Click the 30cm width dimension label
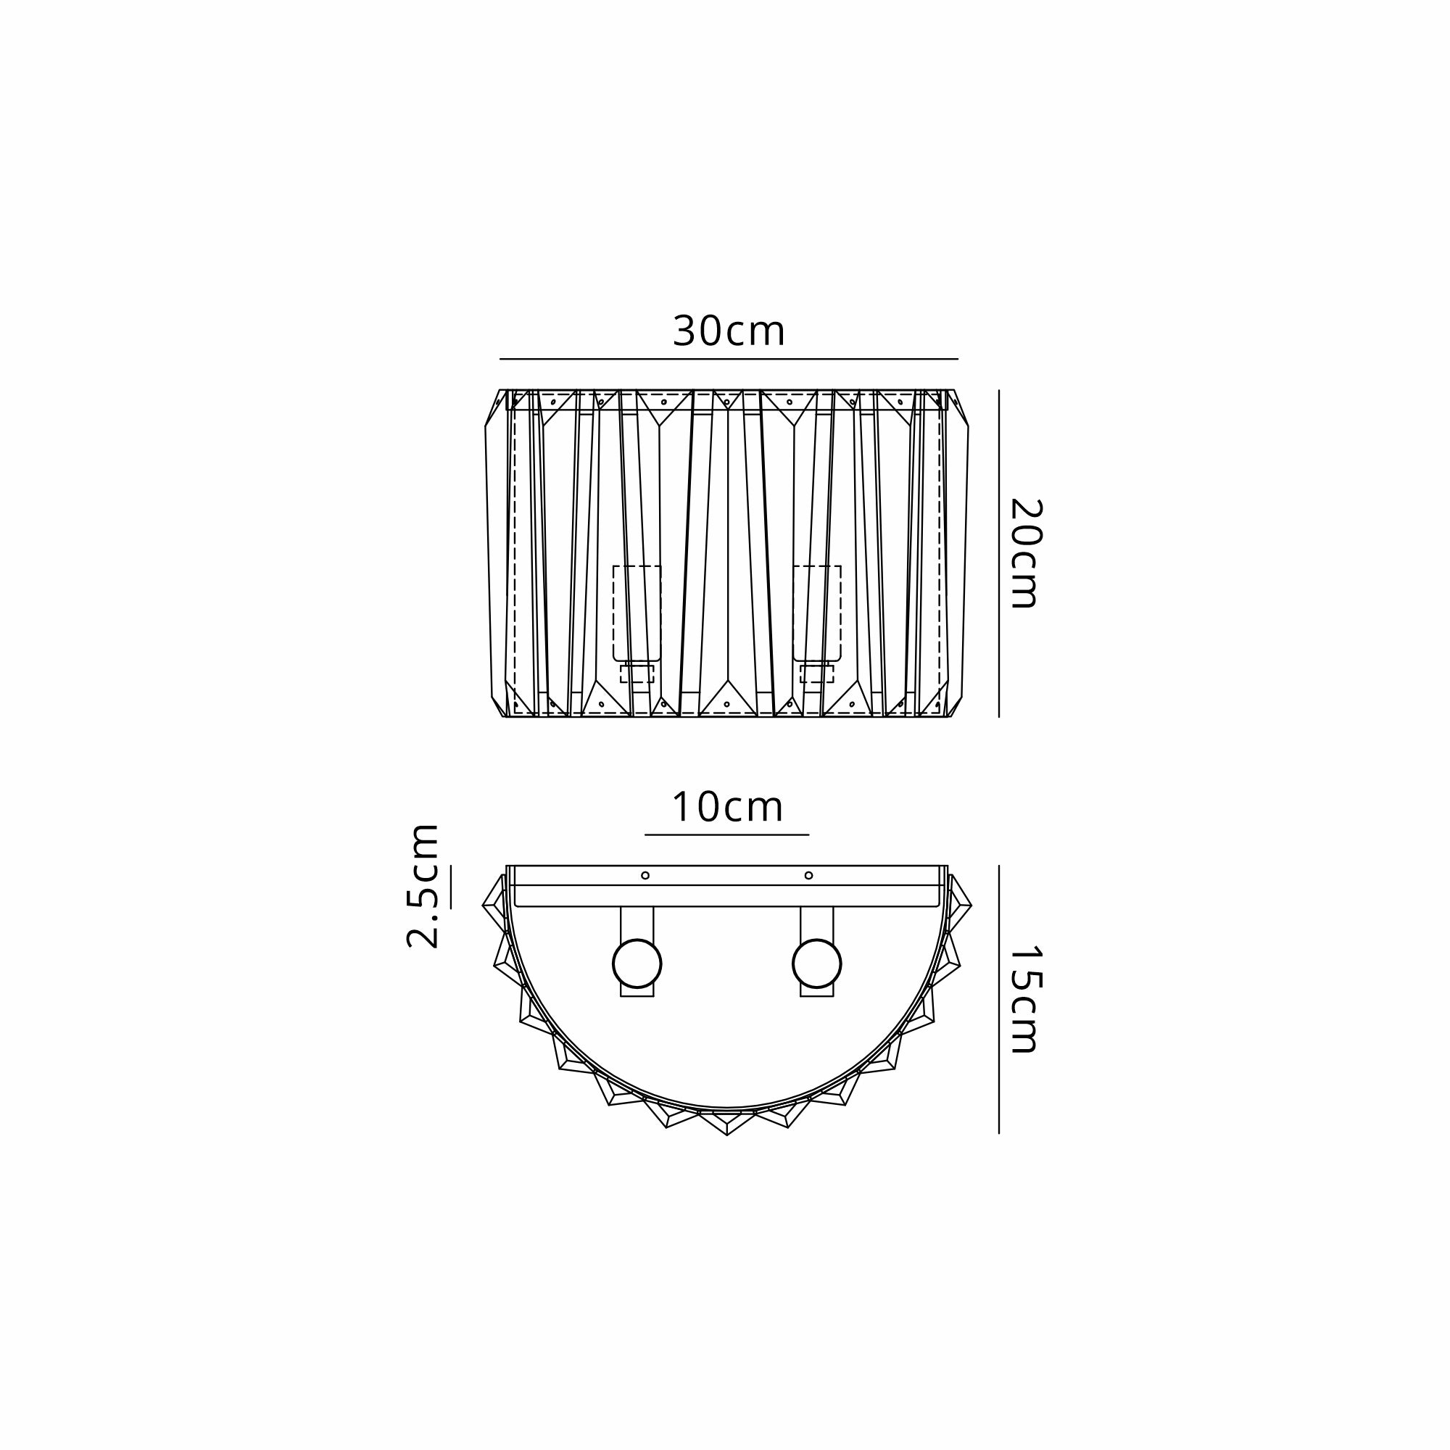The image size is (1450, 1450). pos(729,331)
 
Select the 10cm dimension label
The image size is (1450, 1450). pos(727,808)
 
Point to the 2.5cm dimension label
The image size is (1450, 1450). pos(422,886)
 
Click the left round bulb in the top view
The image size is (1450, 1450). pos(637,964)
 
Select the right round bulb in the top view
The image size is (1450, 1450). pos(816,964)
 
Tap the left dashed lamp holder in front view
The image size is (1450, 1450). pos(637,613)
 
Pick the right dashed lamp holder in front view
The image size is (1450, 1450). pos(816,613)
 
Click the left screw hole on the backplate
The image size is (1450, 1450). pos(645,875)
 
